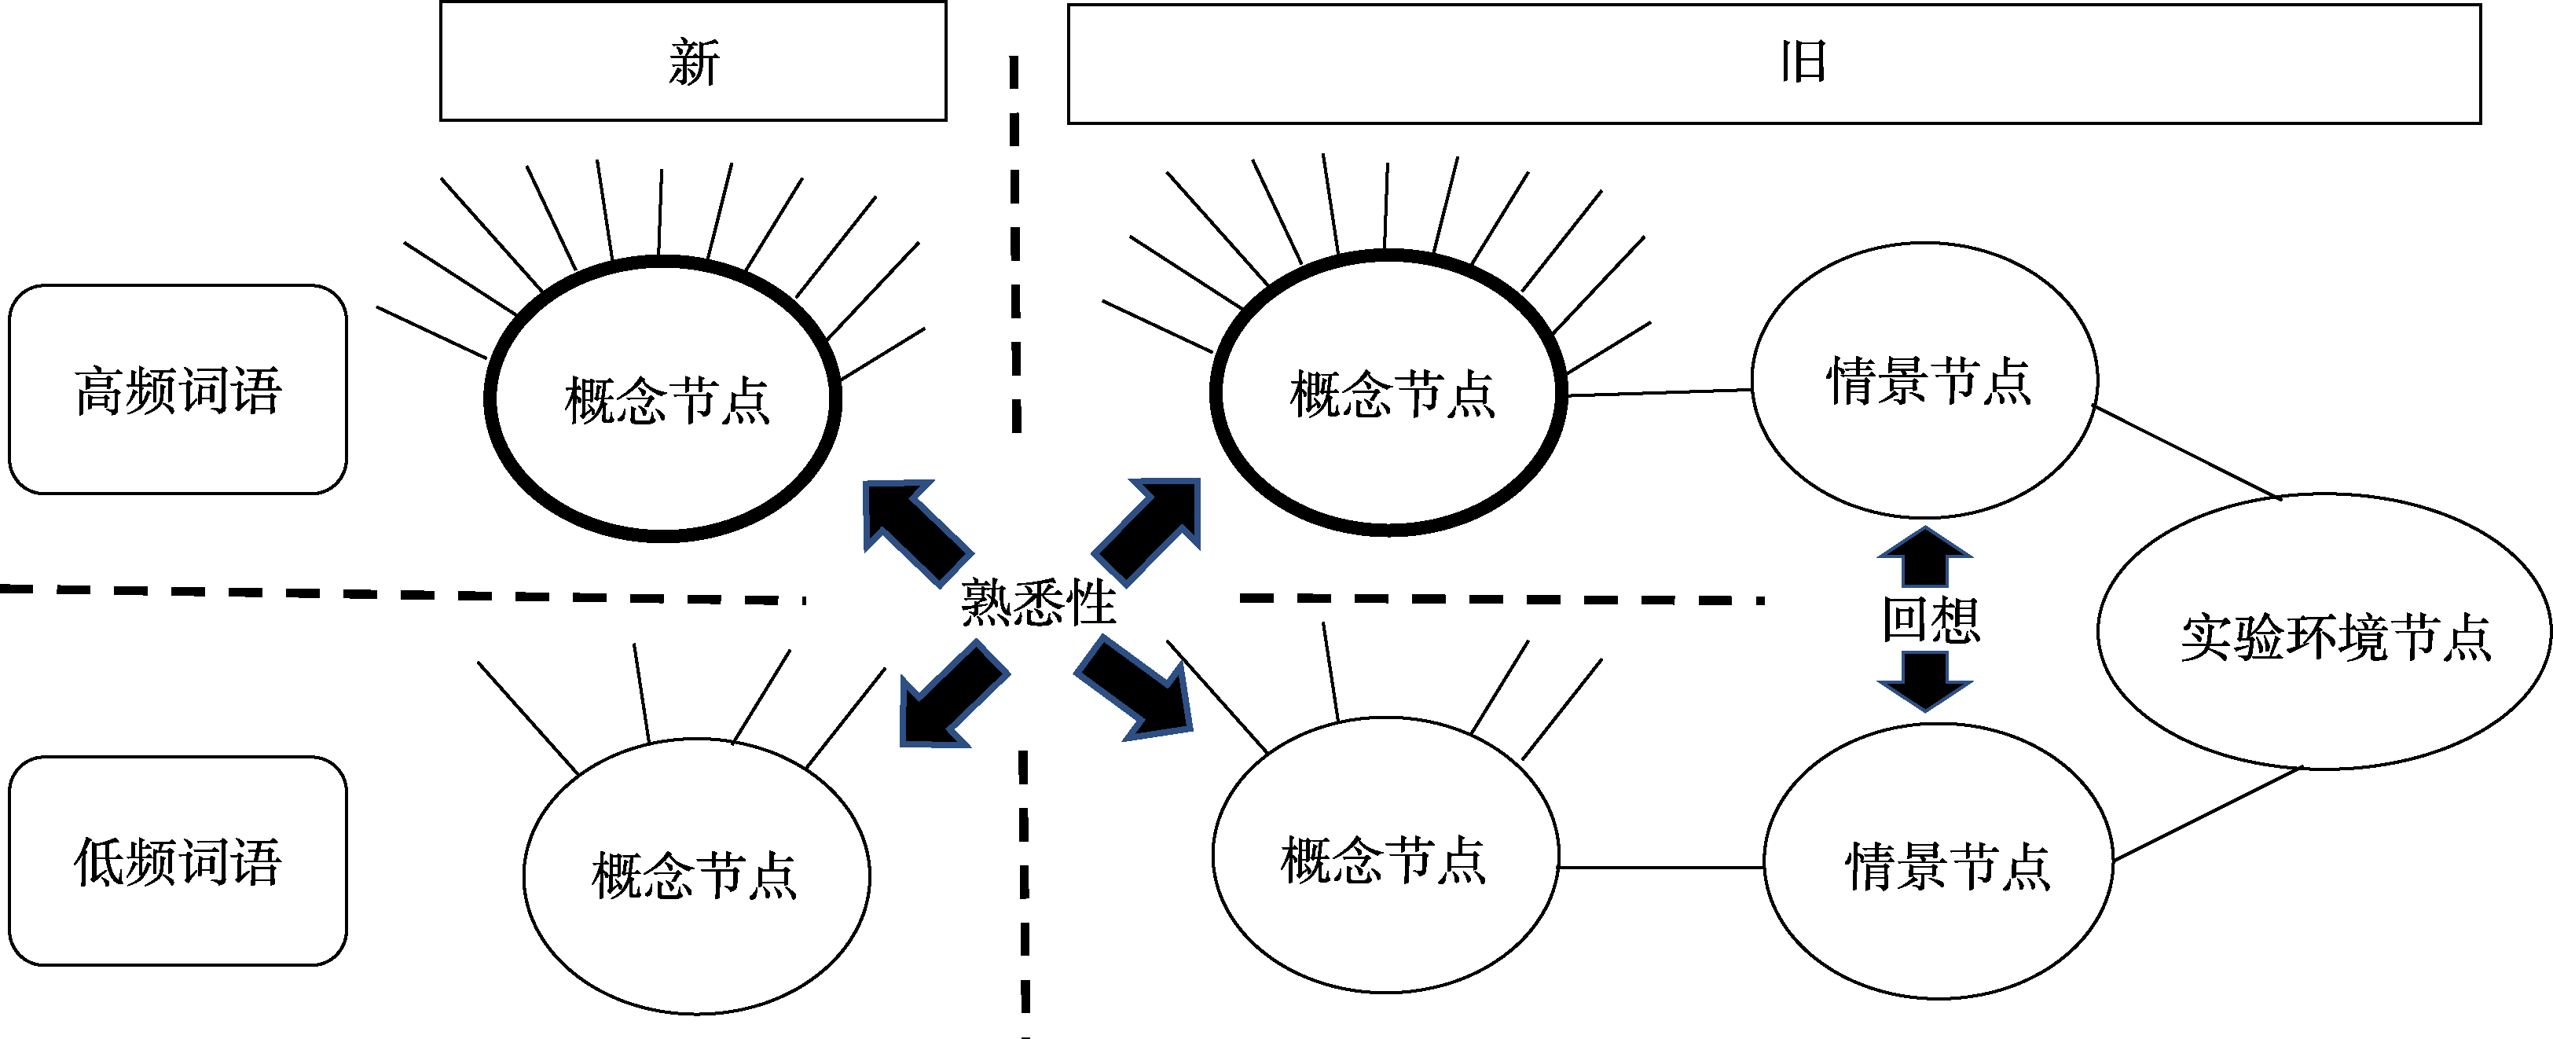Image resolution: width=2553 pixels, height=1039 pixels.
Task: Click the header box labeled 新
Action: point(693,61)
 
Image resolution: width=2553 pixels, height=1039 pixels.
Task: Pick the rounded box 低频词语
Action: point(178,861)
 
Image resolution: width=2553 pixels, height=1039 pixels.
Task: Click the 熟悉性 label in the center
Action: point(1038,602)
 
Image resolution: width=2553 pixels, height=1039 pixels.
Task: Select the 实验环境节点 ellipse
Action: point(2323,633)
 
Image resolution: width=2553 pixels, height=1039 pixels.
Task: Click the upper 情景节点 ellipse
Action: point(1924,380)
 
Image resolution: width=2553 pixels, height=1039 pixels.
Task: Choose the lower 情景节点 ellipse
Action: point(1938,862)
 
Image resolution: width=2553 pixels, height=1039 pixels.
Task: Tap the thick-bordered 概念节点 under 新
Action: point(663,399)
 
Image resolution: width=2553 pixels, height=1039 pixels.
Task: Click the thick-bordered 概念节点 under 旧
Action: point(1388,394)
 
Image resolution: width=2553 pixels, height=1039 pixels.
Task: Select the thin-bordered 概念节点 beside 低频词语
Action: point(695,876)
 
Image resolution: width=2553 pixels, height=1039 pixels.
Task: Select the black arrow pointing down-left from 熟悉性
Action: point(951,697)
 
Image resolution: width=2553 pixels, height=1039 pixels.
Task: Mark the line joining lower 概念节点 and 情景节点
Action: point(1660,868)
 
